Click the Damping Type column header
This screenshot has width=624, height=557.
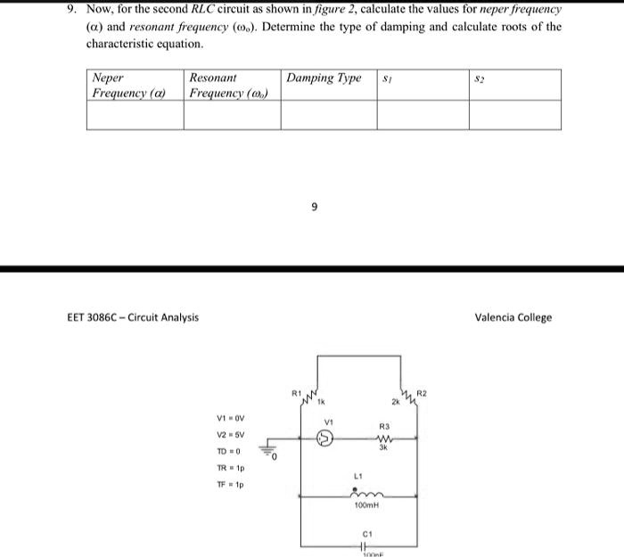(x=324, y=78)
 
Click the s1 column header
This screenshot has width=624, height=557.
(x=387, y=78)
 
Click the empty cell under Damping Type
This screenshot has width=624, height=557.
(x=329, y=115)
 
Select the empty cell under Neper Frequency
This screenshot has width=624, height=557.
(x=135, y=115)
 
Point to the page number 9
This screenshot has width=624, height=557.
(x=314, y=208)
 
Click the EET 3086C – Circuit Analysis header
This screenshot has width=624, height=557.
(x=134, y=317)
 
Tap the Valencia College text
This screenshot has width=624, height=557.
(x=513, y=317)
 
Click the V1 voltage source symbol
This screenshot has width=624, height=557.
(x=326, y=438)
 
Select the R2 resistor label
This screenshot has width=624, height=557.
(x=423, y=391)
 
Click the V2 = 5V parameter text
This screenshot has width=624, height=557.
(x=231, y=434)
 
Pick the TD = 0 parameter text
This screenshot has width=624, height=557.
(x=229, y=451)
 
